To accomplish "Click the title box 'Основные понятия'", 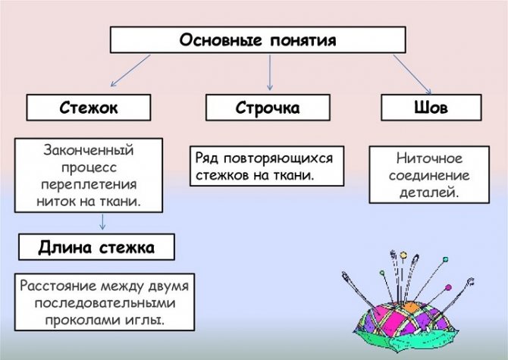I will [x=256, y=40].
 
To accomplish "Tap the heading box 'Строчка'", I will [x=267, y=108].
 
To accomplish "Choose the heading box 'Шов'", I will [x=430, y=108].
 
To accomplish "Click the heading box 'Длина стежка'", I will [x=96, y=247].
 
